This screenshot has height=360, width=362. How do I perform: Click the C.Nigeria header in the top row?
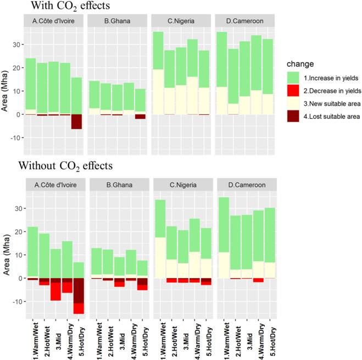181,21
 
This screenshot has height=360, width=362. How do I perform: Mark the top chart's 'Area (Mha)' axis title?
5,91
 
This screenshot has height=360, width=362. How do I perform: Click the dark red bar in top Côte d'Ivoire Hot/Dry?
76,121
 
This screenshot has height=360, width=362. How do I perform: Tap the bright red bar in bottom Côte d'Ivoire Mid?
55,291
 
